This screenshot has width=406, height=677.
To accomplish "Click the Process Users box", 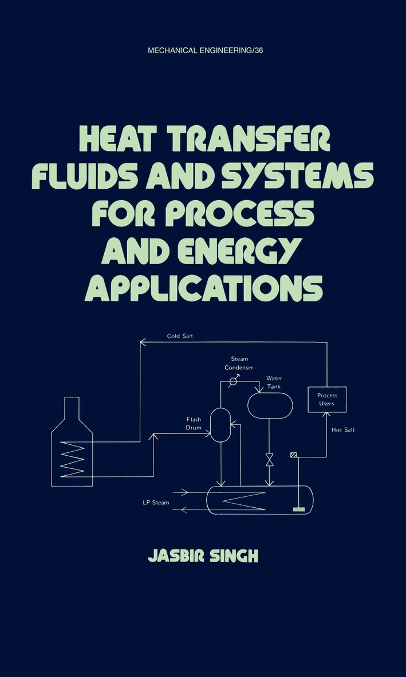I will [327, 399].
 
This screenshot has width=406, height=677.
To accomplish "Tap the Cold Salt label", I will [180, 336].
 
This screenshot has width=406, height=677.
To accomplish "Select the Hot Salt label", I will [343, 429].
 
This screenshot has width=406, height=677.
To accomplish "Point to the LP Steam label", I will [156, 503].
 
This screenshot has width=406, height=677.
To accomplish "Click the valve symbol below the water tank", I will [270, 460].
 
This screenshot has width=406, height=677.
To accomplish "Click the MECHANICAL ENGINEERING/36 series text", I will [204, 50].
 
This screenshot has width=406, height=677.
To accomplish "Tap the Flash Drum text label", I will [194, 423].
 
